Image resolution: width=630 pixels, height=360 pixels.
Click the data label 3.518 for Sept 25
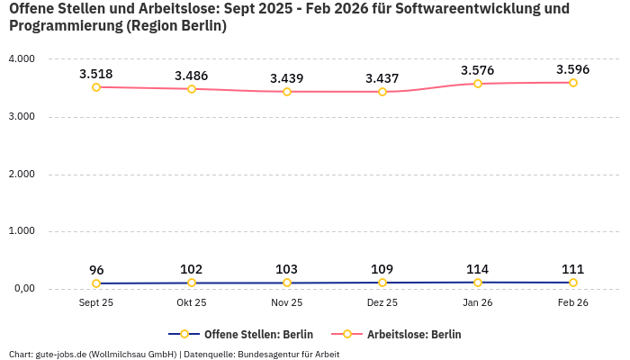click(96, 74)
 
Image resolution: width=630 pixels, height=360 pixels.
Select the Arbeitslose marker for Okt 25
click(192, 89)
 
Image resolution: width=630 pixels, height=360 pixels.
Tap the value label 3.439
click(287, 78)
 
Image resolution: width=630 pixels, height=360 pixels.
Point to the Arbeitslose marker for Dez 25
click(382, 92)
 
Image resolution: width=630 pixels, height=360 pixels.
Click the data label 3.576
click(478, 70)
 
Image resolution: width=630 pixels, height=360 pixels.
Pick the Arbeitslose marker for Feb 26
click(573, 83)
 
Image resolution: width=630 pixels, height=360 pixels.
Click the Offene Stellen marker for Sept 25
click(96, 283)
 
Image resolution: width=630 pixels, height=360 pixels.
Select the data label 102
click(192, 269)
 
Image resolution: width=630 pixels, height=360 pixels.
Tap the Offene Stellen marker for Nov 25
click(287, 283)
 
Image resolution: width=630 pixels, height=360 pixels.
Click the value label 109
click(382, 269)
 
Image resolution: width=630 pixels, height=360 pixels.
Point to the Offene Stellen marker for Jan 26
click(478, 283)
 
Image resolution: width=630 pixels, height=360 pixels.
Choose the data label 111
click(573, 269)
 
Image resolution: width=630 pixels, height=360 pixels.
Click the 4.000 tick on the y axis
click(21, 59)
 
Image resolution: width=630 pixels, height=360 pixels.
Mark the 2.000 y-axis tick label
click(21, 175)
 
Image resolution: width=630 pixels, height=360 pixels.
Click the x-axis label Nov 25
click(287, 303)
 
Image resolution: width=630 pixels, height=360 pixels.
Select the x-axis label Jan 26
click(478, 303)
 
